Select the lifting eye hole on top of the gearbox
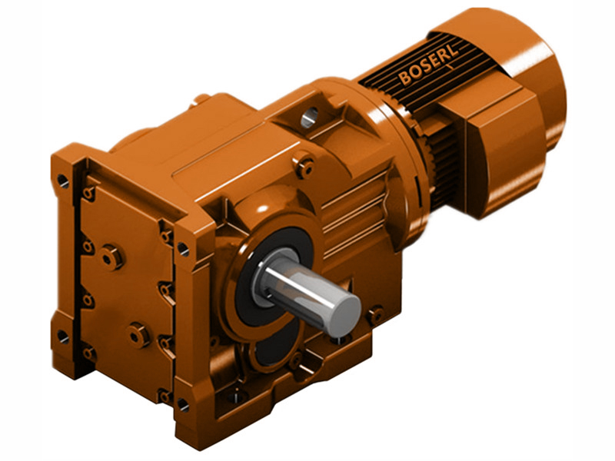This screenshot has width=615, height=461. point(309,117)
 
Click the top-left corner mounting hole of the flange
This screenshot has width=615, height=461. point(62,182)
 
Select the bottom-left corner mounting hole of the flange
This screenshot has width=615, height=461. point(62,336)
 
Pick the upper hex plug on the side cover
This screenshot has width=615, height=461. point(111,257)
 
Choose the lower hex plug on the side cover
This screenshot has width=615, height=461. point(138,333)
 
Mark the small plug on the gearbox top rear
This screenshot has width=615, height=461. point(201,98)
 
